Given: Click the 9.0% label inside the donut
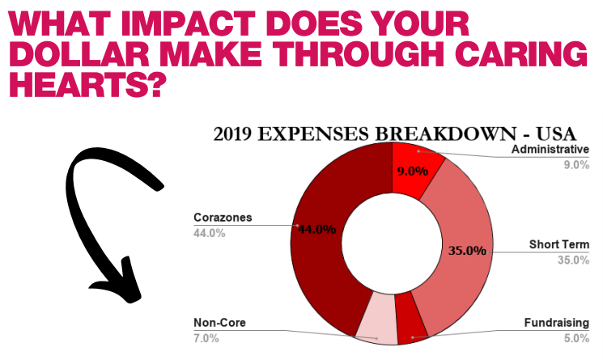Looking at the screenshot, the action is click(413, 171).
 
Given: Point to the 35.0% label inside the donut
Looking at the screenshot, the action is click(467, 251).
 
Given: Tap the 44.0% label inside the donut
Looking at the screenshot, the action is click(317, 230).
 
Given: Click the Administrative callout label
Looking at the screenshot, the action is click(550, 149).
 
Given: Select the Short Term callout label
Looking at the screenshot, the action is click(559, 244).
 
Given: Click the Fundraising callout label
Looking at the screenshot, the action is click(557, 323).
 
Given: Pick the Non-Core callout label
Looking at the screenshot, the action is click(219, 323).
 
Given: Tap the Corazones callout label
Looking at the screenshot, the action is click(223, 218).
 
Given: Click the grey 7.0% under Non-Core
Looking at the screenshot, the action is click(206, 338).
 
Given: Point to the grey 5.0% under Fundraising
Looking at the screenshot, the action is click(576, 338).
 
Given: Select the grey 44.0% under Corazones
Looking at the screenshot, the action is click(209, 233).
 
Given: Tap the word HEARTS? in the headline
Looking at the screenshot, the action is click(88, 85).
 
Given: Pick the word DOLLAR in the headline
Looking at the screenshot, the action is click(79, 54).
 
